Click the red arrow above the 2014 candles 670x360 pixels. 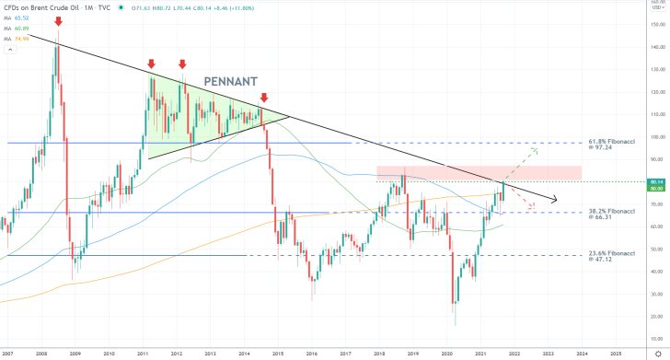[x=264, y=97]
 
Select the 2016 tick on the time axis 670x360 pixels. [x=312, y=352]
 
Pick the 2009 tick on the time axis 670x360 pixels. [x=75, y=352]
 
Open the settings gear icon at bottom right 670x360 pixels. [x=656, y=352]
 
